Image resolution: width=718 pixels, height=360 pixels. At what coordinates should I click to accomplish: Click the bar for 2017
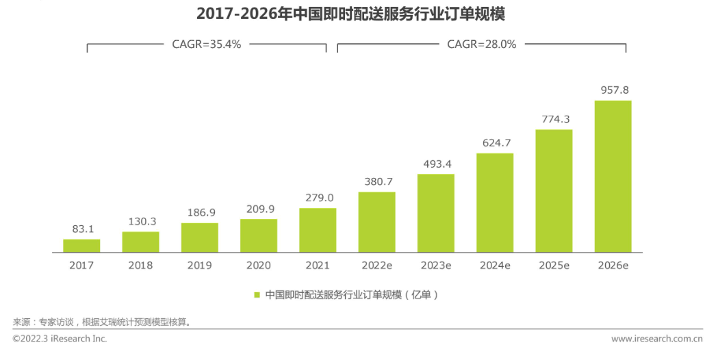click(x=81, y=246)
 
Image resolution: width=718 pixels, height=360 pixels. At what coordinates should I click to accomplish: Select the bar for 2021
click(x=318, y=230)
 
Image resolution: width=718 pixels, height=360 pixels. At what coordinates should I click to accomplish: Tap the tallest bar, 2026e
click(x=613, y=177)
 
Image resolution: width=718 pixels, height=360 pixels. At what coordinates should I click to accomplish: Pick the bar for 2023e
click(x=436, y=213)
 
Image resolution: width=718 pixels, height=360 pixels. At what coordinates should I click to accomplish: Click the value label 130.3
click(x=141, y=222)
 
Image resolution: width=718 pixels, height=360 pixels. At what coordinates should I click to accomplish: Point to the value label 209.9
click(x=259, y=209)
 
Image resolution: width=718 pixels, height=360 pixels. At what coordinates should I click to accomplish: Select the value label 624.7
click(x=495, y=144)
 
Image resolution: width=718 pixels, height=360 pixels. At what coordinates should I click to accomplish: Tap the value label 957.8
click(x=613, y=90)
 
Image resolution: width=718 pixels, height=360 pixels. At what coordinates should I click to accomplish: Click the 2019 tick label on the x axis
click(x=199, y=265)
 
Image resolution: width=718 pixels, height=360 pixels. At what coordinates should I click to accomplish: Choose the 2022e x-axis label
click(x=376, y=265)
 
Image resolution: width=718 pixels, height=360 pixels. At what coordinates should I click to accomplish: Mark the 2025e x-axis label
click(x=554, y=265)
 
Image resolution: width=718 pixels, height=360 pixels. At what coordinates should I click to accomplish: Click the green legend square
click(x=257, y=295)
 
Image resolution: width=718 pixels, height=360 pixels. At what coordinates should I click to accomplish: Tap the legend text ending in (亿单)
click(x=351, y=295)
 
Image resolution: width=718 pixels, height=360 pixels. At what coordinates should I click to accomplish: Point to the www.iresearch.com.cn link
click(x=657, y=339)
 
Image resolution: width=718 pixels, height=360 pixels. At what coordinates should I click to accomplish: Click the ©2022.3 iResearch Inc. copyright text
click(x=60, y=339)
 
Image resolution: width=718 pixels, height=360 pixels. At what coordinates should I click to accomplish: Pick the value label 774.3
click(x=554, y=119)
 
